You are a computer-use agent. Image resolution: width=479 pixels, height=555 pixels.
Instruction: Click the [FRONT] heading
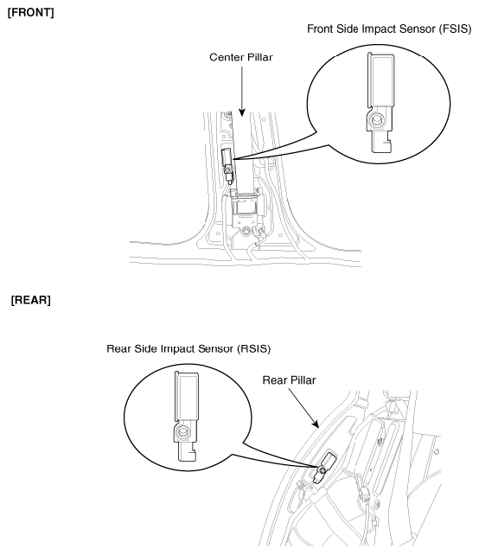pos(31,13)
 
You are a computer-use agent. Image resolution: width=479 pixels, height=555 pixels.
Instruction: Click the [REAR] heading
pos(31,300)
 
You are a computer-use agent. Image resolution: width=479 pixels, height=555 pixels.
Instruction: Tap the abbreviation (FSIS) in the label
pos(455,29)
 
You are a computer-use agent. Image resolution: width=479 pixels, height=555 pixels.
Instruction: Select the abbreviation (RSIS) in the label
pos(254,349)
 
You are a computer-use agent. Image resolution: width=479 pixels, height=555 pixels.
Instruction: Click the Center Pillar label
pos(241,57)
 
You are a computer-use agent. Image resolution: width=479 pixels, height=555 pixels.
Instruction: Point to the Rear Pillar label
pos(289,380)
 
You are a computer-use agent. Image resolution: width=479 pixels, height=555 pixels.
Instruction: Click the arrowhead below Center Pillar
pos(242,112)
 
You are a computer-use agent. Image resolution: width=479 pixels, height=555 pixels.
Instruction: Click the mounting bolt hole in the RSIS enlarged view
pos(182,432)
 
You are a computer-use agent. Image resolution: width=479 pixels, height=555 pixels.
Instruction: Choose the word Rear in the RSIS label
pos(118,349)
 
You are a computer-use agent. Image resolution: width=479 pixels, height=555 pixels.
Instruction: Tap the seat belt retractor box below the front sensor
pos(245,209)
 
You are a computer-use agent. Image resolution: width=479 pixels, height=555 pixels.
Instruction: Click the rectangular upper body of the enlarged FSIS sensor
pos(380,80)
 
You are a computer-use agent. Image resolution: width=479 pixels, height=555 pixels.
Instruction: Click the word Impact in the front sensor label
pos(380,29)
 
